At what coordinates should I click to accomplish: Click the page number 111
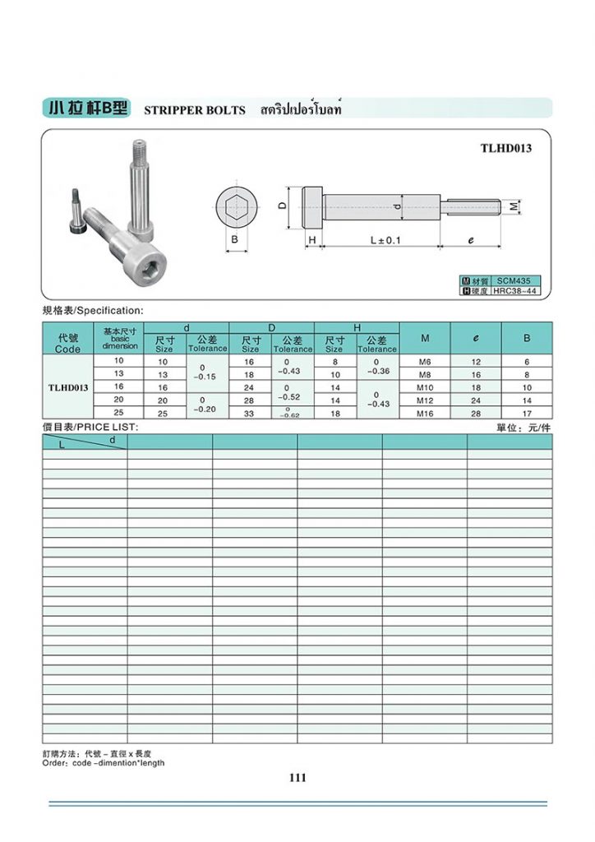pyautogui.click(x=297, y=778)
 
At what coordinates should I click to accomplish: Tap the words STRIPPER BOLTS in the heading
pyautogui.click(x=195, y=110)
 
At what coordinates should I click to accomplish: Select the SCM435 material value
pyautogui.click(x=514, y=280)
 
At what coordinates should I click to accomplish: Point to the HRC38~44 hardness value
pyautogui.click(x=514, y=291)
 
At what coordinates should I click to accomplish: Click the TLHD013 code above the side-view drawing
pyautogui.click(x=506, y=149)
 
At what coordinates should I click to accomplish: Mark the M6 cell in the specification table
pyautogui.click(x=425, y=362)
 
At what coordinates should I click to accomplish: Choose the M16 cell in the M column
pyautogui.click(x=425, y=414)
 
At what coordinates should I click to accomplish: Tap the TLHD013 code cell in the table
pyautogui.click(x=68, y=387)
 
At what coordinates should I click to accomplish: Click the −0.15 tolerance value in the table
pyautogui.click(x=207, y=376)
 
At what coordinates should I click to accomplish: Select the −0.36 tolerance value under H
pyautogui.click(x=377, y=371)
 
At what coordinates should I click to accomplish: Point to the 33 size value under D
pyautogui.click(x=250, y=414)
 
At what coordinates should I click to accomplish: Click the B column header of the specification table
pyautogui.click(x=527, y=338)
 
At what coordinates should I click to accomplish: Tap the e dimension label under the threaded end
pyautogui.click(x=471, y=240)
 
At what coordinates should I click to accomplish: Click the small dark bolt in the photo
pyautogui.click(x=76, y=213)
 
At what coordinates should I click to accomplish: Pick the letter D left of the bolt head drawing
pyautogui.click(x=282, y=206)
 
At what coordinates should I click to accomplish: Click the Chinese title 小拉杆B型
pyautogui.click(x=87, y=109)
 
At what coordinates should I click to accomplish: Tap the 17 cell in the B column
pyautogui.click(x=527, y=414)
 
